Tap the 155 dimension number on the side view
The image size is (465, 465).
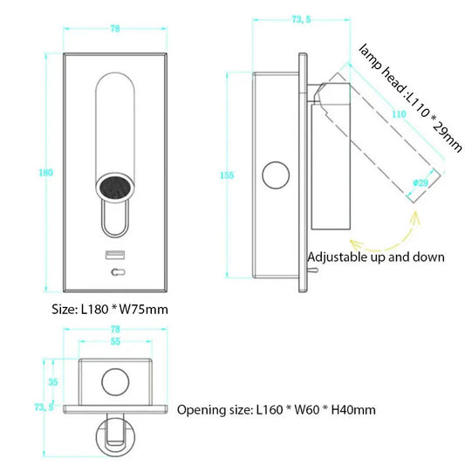pyautogui.click(x=227, y=175)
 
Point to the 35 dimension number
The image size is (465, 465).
pyautogui.click(x=51, y=382)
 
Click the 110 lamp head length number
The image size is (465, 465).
pyautogui.click(x=399, y=113)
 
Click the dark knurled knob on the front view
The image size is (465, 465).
pyautogui.click(x=114, y=185)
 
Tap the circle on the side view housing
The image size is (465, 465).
pyautogui.click(x=278, y=177)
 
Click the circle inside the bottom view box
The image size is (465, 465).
pyautogui.click(x=114, y=381)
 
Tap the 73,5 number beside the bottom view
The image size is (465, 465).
pyautogui.click(x=44, y=407)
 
